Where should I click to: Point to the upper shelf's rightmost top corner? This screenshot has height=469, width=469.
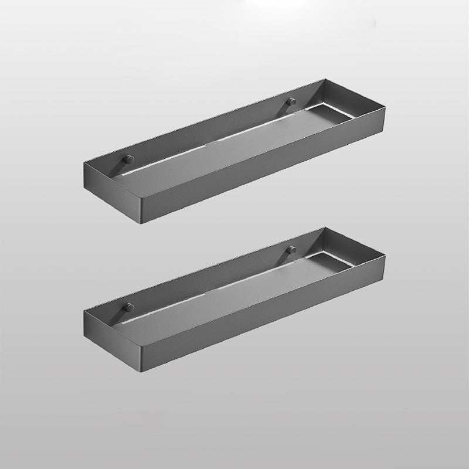tap(384, 107)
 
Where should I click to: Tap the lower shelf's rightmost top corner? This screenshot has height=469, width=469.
tap(384, 255)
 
